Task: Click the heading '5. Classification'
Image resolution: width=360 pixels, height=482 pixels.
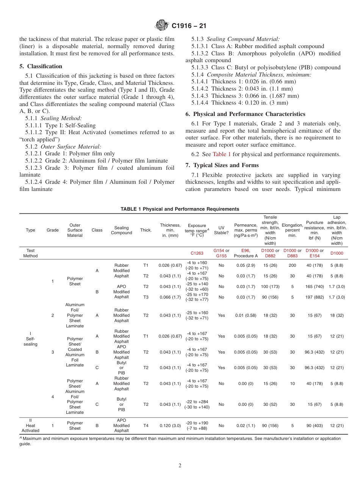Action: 41,66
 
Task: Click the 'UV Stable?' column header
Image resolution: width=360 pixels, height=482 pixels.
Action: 221,230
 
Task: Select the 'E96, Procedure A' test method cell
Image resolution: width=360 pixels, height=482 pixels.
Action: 246,253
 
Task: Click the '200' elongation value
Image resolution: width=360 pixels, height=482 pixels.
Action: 292,266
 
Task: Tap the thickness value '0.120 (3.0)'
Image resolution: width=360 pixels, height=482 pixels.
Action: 170,426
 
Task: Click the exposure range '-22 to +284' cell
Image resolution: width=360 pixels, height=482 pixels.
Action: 197,404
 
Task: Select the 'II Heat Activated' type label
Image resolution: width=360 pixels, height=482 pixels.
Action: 30,426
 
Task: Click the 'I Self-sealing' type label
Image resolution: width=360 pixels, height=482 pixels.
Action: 30,339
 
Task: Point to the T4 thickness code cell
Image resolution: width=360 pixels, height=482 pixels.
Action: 146,426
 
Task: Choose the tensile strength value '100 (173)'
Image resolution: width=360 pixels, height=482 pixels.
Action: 270,286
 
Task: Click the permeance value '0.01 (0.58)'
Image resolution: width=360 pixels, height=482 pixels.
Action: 246,315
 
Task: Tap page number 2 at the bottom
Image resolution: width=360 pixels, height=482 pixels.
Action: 180,466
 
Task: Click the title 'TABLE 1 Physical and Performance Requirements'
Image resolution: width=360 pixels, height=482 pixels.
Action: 180,209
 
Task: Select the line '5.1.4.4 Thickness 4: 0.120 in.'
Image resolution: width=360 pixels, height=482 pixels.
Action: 239,103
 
